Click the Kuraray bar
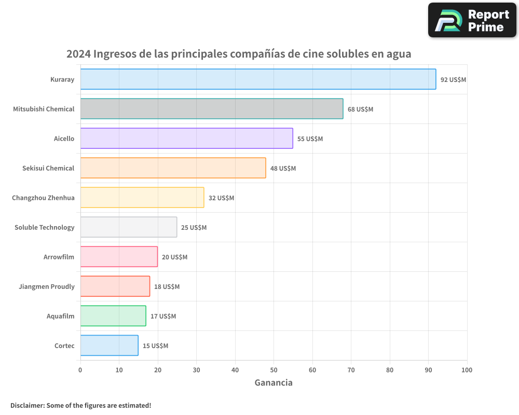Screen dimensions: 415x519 [x=258, y=79]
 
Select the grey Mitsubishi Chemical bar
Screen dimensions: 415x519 [x=212, y=109]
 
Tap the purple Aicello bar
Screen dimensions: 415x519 [x=187, y=139]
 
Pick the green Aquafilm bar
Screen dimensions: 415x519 [x=113, y=316]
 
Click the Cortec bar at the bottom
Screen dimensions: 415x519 [x=110, y=345]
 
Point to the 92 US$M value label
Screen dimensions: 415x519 [x=453, y=79]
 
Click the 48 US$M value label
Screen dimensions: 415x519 [x=283, y=168]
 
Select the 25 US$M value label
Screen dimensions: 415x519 [x=194, y=227]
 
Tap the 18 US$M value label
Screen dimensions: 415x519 [x=167, y=286]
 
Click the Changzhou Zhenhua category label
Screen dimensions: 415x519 [x=43, y=198]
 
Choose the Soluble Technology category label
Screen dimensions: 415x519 [x=44, y=227]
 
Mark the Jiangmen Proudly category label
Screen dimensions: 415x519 [x=47, y=286]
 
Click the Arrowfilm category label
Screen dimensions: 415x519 [x=59, y=257]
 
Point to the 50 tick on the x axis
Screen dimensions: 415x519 [x=274, y=370]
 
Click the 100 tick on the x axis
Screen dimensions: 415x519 [x=467, y=370]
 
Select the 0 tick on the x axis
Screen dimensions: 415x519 [x=80, y=370]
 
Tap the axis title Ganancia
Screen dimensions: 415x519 [x=274, y=383]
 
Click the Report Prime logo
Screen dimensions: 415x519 [x=472, y=20]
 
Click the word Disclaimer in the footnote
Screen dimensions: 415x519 [x=26, y=405]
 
